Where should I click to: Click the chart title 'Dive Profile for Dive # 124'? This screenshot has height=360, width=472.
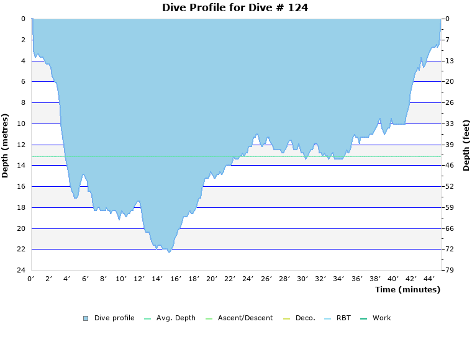(235, 8)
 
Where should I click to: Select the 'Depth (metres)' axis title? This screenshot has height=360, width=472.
(6, 145)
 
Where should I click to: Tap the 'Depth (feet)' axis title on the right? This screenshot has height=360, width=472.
(466, 145)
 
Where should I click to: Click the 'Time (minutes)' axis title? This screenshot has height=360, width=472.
(407, 289)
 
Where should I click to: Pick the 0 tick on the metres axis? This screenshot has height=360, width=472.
(23, 19)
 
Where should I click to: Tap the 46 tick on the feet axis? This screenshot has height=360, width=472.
(450, 166)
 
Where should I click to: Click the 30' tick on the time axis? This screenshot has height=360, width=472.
(302, 279)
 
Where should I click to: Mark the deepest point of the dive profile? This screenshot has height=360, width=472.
(169, 251)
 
